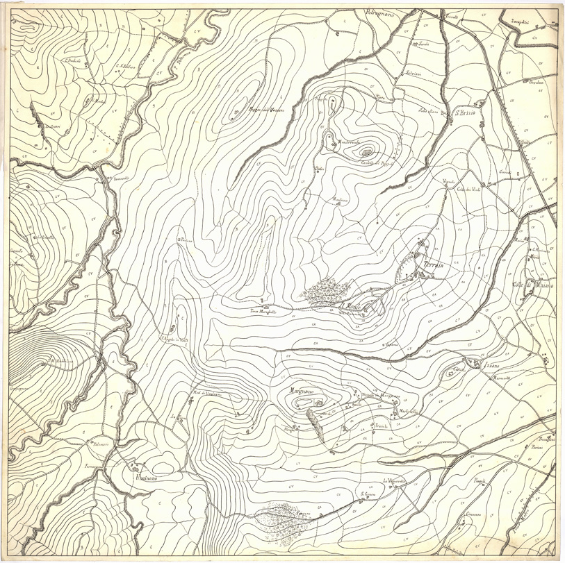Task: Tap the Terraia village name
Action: pos(429,264)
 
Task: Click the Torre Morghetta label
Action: pos(263,312)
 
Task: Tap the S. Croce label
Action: pos(368,494)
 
